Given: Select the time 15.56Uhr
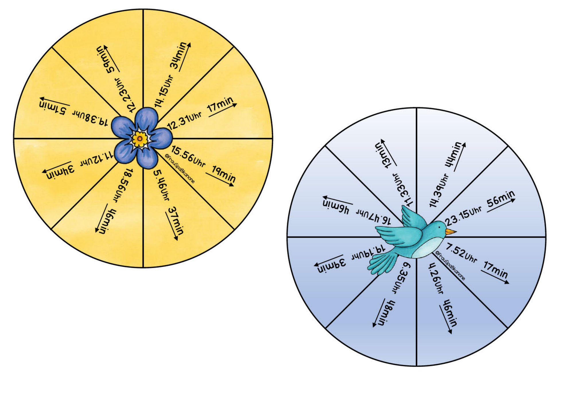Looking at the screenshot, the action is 188,157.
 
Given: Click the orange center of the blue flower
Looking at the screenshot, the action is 140,139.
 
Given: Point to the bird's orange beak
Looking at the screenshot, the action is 450,231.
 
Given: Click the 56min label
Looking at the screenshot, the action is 501,198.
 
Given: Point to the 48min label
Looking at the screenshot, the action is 387,313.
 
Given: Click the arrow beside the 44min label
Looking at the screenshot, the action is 459,157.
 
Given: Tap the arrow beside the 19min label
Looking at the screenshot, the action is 220,179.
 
